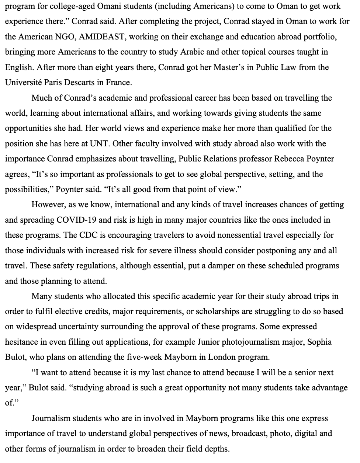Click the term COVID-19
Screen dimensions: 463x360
pos(77,220)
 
